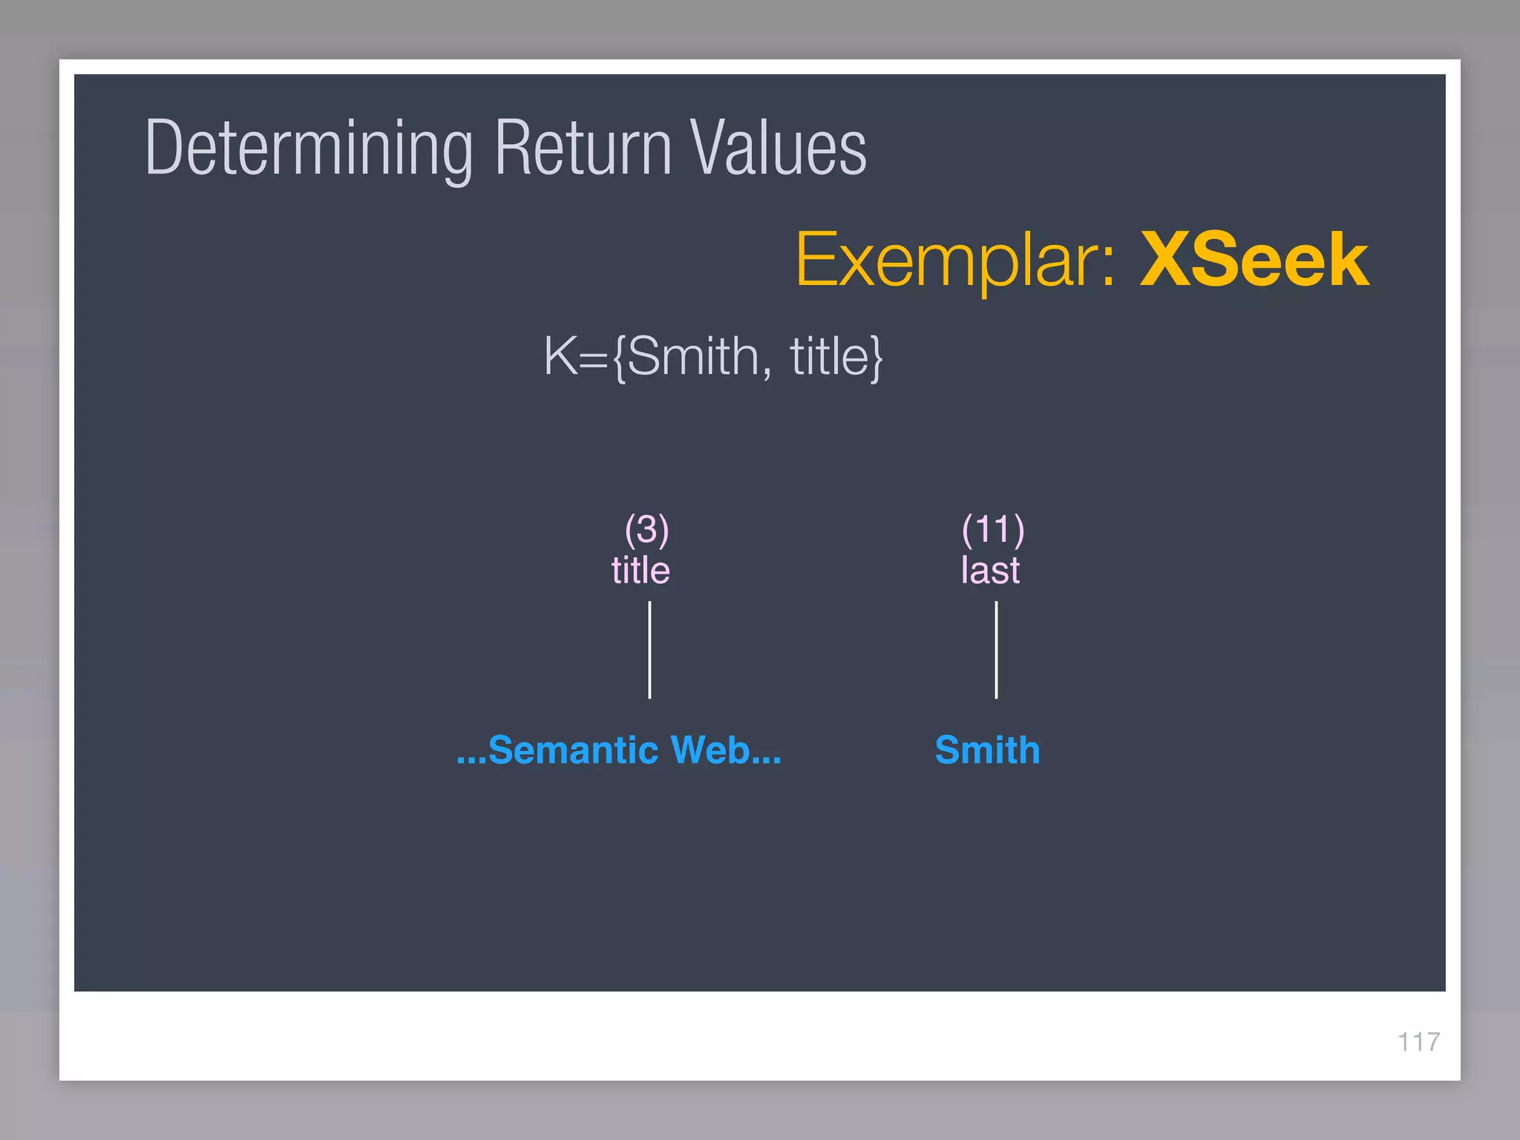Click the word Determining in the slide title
(308, 148)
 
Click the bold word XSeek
(1254, 260)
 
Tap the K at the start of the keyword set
(560, 356)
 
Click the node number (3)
(646, 529)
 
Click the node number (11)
(992, 529)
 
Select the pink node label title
(641, 570)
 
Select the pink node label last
(990, 570)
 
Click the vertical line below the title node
(649, 649)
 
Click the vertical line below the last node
(996, 649)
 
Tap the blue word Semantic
(573, 750)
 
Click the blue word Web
(710, 750)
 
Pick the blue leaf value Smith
(987, 750)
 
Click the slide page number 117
(1418, 1041)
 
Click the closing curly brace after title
(876, 358)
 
